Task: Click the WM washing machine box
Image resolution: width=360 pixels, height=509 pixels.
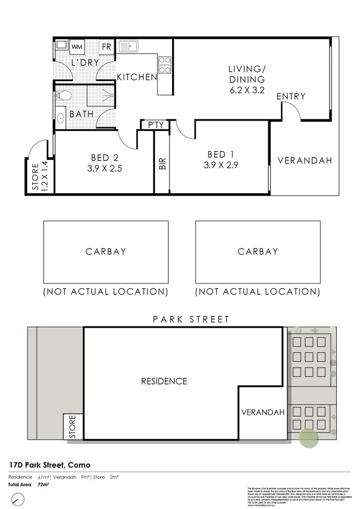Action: (x=77, y=46)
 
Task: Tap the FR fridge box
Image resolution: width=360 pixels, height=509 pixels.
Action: (x=107, y=47)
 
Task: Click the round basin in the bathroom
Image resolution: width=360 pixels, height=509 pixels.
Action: (x=60, y=117)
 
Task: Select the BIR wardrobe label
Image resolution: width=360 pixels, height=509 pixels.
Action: (x=163, y=164)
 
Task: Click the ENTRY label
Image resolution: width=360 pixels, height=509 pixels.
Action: (x=291, y=96)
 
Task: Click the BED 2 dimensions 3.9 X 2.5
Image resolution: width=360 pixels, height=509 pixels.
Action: (x=104, y=168)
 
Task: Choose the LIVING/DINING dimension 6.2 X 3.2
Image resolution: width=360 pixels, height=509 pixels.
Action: (x=247, y=90)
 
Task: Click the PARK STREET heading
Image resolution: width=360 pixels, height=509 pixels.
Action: (x=191, y=319)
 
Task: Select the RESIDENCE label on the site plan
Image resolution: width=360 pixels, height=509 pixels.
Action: (x=164, y=381)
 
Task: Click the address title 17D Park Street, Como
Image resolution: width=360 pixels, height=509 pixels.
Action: (x=50, y=464)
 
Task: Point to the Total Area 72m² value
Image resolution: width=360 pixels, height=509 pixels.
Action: (x=43, y=484)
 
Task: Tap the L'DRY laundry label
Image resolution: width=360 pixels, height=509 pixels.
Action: (x=85, y=62)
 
